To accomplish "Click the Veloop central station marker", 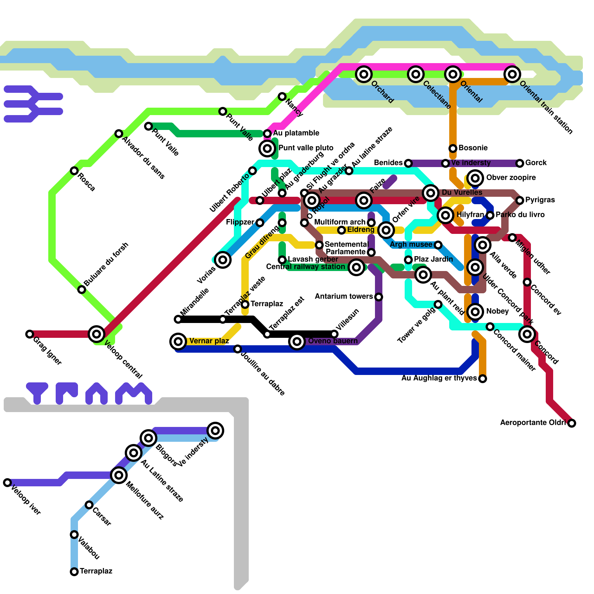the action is click(97, 334).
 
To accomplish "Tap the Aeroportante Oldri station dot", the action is click(572, 423).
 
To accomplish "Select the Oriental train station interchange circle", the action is click(512, 74).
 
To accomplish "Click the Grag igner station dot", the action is click(30, 334).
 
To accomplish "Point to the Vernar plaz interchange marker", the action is click(178, 341).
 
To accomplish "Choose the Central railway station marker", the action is click(356, 267).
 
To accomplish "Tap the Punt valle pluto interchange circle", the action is click(267, 148).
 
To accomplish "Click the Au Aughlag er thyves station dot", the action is click(482, 379).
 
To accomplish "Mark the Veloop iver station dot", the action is click(7, 483).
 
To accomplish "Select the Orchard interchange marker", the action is click(364, 74).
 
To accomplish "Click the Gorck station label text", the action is click(536, 163).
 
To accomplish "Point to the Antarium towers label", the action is click(343, 297).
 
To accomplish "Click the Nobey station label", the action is click(497, 311).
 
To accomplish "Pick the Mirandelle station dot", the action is click(178, 319).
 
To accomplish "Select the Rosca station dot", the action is click(74, 171).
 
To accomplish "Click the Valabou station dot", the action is click(74, 535).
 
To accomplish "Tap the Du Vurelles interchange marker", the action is click(431, 193).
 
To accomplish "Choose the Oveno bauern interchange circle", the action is click(297, 341).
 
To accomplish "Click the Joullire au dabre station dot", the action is click(238, 349).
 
